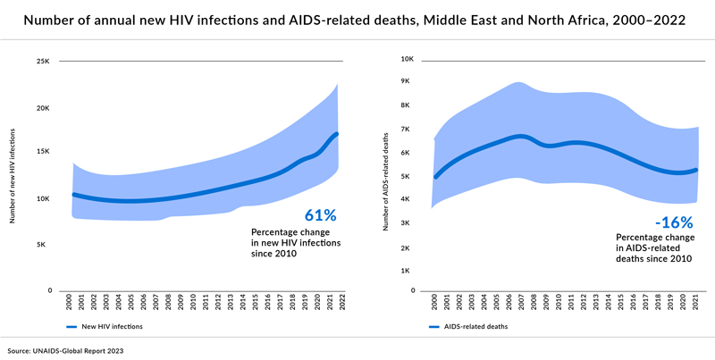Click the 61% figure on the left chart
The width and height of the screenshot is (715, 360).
(320, 215)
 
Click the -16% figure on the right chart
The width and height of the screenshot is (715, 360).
(673, 222)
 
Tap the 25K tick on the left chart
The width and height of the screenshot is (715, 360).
(43, 62)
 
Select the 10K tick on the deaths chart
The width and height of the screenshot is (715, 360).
(406, 60)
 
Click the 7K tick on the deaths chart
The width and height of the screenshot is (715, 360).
(408, 130)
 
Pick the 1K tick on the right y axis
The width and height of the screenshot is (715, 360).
(408, 270)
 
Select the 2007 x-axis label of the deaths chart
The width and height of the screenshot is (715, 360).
(522, 302)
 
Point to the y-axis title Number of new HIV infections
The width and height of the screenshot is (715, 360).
(12, 177)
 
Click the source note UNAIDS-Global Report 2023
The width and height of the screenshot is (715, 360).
(66, 351)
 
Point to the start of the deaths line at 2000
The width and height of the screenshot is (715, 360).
(435, 177)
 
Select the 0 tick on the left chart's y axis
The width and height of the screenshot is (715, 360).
(51, 290)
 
